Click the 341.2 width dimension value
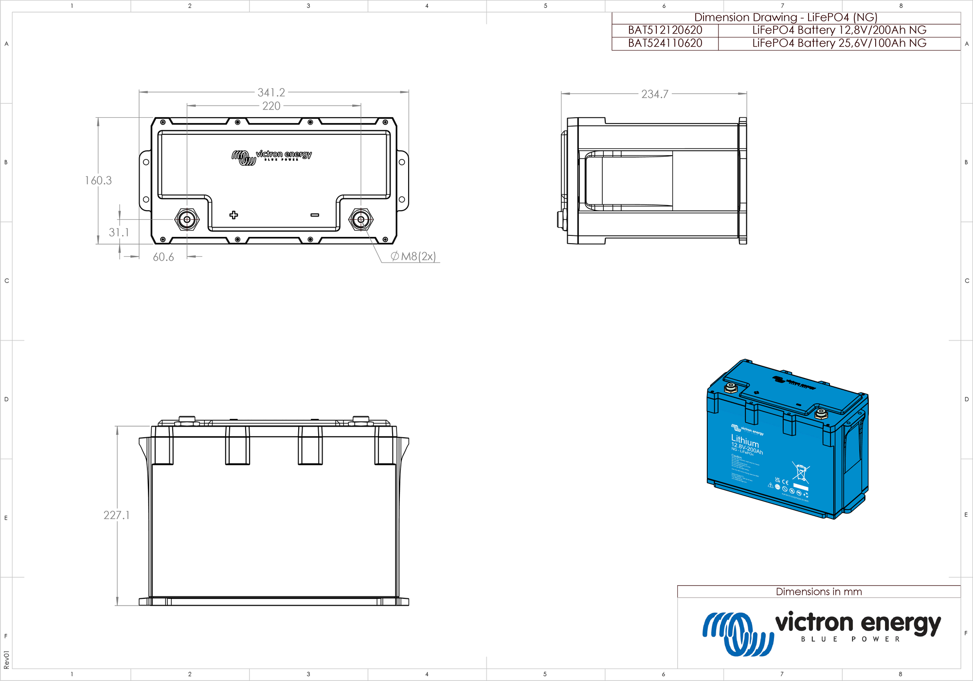click(271, 92)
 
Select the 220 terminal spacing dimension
click(271, 106)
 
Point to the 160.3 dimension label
click(98, 180)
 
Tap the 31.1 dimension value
click(119, 233)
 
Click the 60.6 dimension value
click(163, 257)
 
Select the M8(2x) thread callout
click(414, 256)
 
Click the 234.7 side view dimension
click(654, 94)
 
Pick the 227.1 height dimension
click(117, 515)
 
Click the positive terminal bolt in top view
click(187, 220)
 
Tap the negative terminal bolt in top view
click(361, 220)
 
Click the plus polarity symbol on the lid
click(234, 215)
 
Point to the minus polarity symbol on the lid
click(315, 215)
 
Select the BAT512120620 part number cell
click(665, 30)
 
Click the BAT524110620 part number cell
click(665, 43)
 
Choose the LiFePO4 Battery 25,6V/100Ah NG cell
click(839, 43)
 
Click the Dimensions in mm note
click(819, 592)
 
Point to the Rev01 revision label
click(6, 660)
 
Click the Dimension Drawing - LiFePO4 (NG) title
click(786, 18)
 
